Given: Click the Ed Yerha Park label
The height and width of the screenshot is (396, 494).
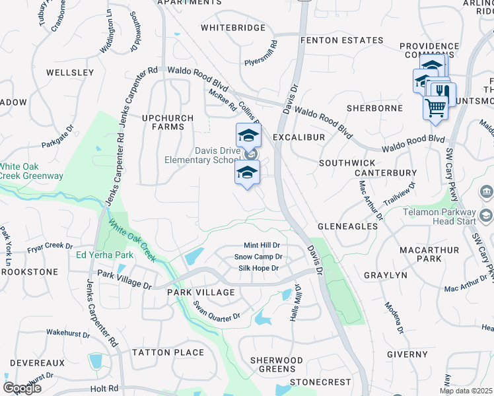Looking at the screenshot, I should (x=100, y=255).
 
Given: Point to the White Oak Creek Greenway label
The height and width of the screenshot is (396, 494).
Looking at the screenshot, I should (x=32, y=171).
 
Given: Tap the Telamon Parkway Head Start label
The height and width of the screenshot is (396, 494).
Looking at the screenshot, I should (x=439, y=216).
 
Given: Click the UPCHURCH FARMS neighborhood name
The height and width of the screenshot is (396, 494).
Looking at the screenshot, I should (x=168, y=123).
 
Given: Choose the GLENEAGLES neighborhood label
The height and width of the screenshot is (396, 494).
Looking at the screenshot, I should (x=347, y=226).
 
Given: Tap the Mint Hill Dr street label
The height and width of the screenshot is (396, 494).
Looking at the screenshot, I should (x=262, y=245).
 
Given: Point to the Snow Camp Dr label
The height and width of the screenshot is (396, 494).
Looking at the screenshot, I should (x=258, y=257).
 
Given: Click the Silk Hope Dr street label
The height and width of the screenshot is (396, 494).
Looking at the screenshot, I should (x=258, y=269).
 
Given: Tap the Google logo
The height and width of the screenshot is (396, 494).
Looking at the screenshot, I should (x=22, y=388).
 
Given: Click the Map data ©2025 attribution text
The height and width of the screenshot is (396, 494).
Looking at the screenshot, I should (x=466, y=391).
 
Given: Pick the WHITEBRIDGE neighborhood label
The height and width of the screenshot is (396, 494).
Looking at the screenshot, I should (x=232, y=28).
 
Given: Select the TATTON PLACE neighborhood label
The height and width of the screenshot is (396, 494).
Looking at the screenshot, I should (x=168, y=352).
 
